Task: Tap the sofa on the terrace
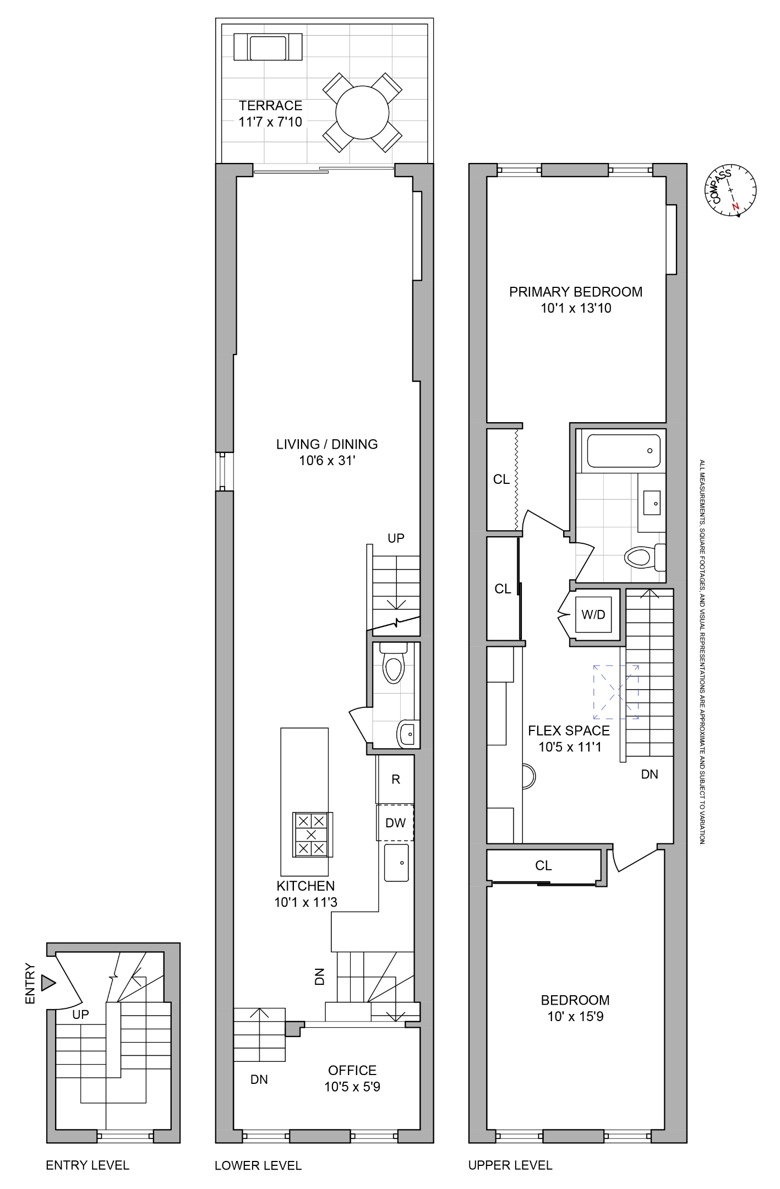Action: pyautogui.click(x=268, y=47)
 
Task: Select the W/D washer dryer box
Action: pyautogui.click(x=593, y=615)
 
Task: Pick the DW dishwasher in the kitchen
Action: pyautogui.click(x=395, y=823)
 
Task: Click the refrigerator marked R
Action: pyautogui.click(x=395, y=779)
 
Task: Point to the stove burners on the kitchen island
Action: pyautogui.click(x=312, y=835)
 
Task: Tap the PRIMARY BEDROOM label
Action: pyautogui.click(x=576, y=292)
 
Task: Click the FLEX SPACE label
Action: pyautogui.click(x=569, y=731)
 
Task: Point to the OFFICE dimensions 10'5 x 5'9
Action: pyautogui.click(x=352, y=1087)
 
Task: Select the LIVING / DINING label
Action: pyautogui.click(x=327, y=444)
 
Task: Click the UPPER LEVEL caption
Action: pyautogui.click(x=510, y=1165)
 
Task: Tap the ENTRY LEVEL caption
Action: pyautogui.click(x=88, y=1165)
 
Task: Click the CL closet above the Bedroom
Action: pyautogui.click(x=543, y=866)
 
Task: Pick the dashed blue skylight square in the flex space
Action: pyautogui.click(x=615, y=691)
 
